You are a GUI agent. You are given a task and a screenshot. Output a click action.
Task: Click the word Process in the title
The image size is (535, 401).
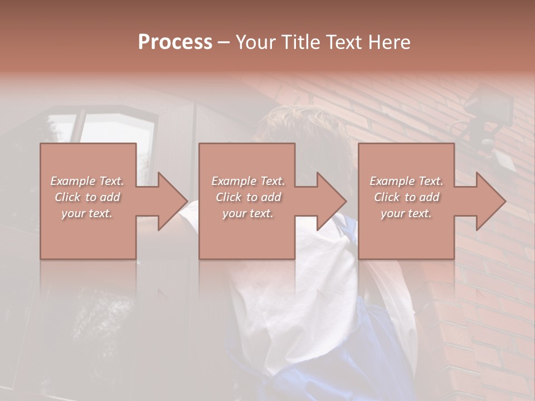[175, 42]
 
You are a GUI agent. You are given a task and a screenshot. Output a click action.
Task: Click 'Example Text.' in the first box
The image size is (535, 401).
[87, 181]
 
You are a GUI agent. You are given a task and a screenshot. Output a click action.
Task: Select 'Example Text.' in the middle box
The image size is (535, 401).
[247, 181]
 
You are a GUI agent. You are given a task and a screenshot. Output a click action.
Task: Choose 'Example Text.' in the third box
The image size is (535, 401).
[406, 181]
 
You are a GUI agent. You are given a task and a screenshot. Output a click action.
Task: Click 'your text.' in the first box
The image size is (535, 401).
[87, 213]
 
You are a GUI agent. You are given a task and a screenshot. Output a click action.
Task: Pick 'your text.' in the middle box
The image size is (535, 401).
[247, 213]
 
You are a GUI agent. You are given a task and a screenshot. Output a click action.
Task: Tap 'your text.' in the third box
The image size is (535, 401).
[406, 213]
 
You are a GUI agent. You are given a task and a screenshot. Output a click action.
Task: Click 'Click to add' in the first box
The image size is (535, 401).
[87, 197]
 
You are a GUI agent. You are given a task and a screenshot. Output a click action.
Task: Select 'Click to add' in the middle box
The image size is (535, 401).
[247, 197]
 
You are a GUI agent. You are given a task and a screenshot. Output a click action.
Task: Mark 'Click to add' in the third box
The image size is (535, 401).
[406, 197]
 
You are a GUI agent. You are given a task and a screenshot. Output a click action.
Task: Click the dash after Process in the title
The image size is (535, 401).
[224, 42]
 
